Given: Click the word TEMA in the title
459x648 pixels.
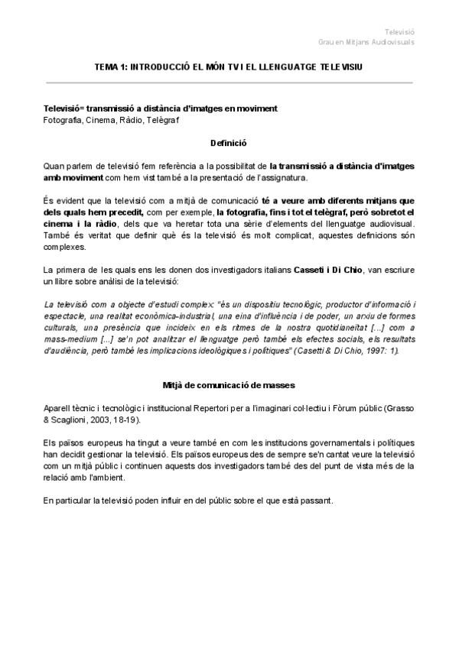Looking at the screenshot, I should coord(106,67).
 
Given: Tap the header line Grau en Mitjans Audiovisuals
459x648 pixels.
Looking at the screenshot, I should coord(366,42).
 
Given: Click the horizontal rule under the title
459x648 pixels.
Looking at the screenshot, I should coord(229,81).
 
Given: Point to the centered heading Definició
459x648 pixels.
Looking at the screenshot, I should coord(229,143).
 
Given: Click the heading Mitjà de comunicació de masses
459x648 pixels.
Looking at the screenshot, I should coord(229,384).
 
